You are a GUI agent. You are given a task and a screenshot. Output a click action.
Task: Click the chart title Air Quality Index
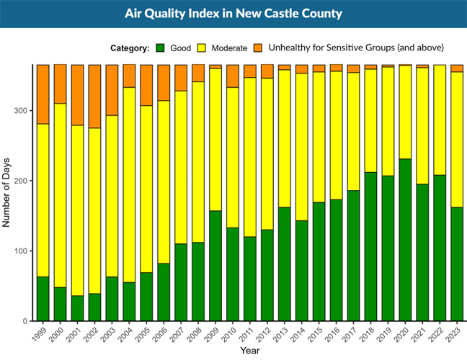233,14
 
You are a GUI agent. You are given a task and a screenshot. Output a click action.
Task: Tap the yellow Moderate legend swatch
204,48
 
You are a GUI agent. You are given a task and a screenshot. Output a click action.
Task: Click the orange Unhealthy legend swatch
258,48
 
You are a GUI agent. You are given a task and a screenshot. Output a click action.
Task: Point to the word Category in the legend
130,48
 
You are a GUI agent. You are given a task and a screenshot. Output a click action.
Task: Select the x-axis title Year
250,351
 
